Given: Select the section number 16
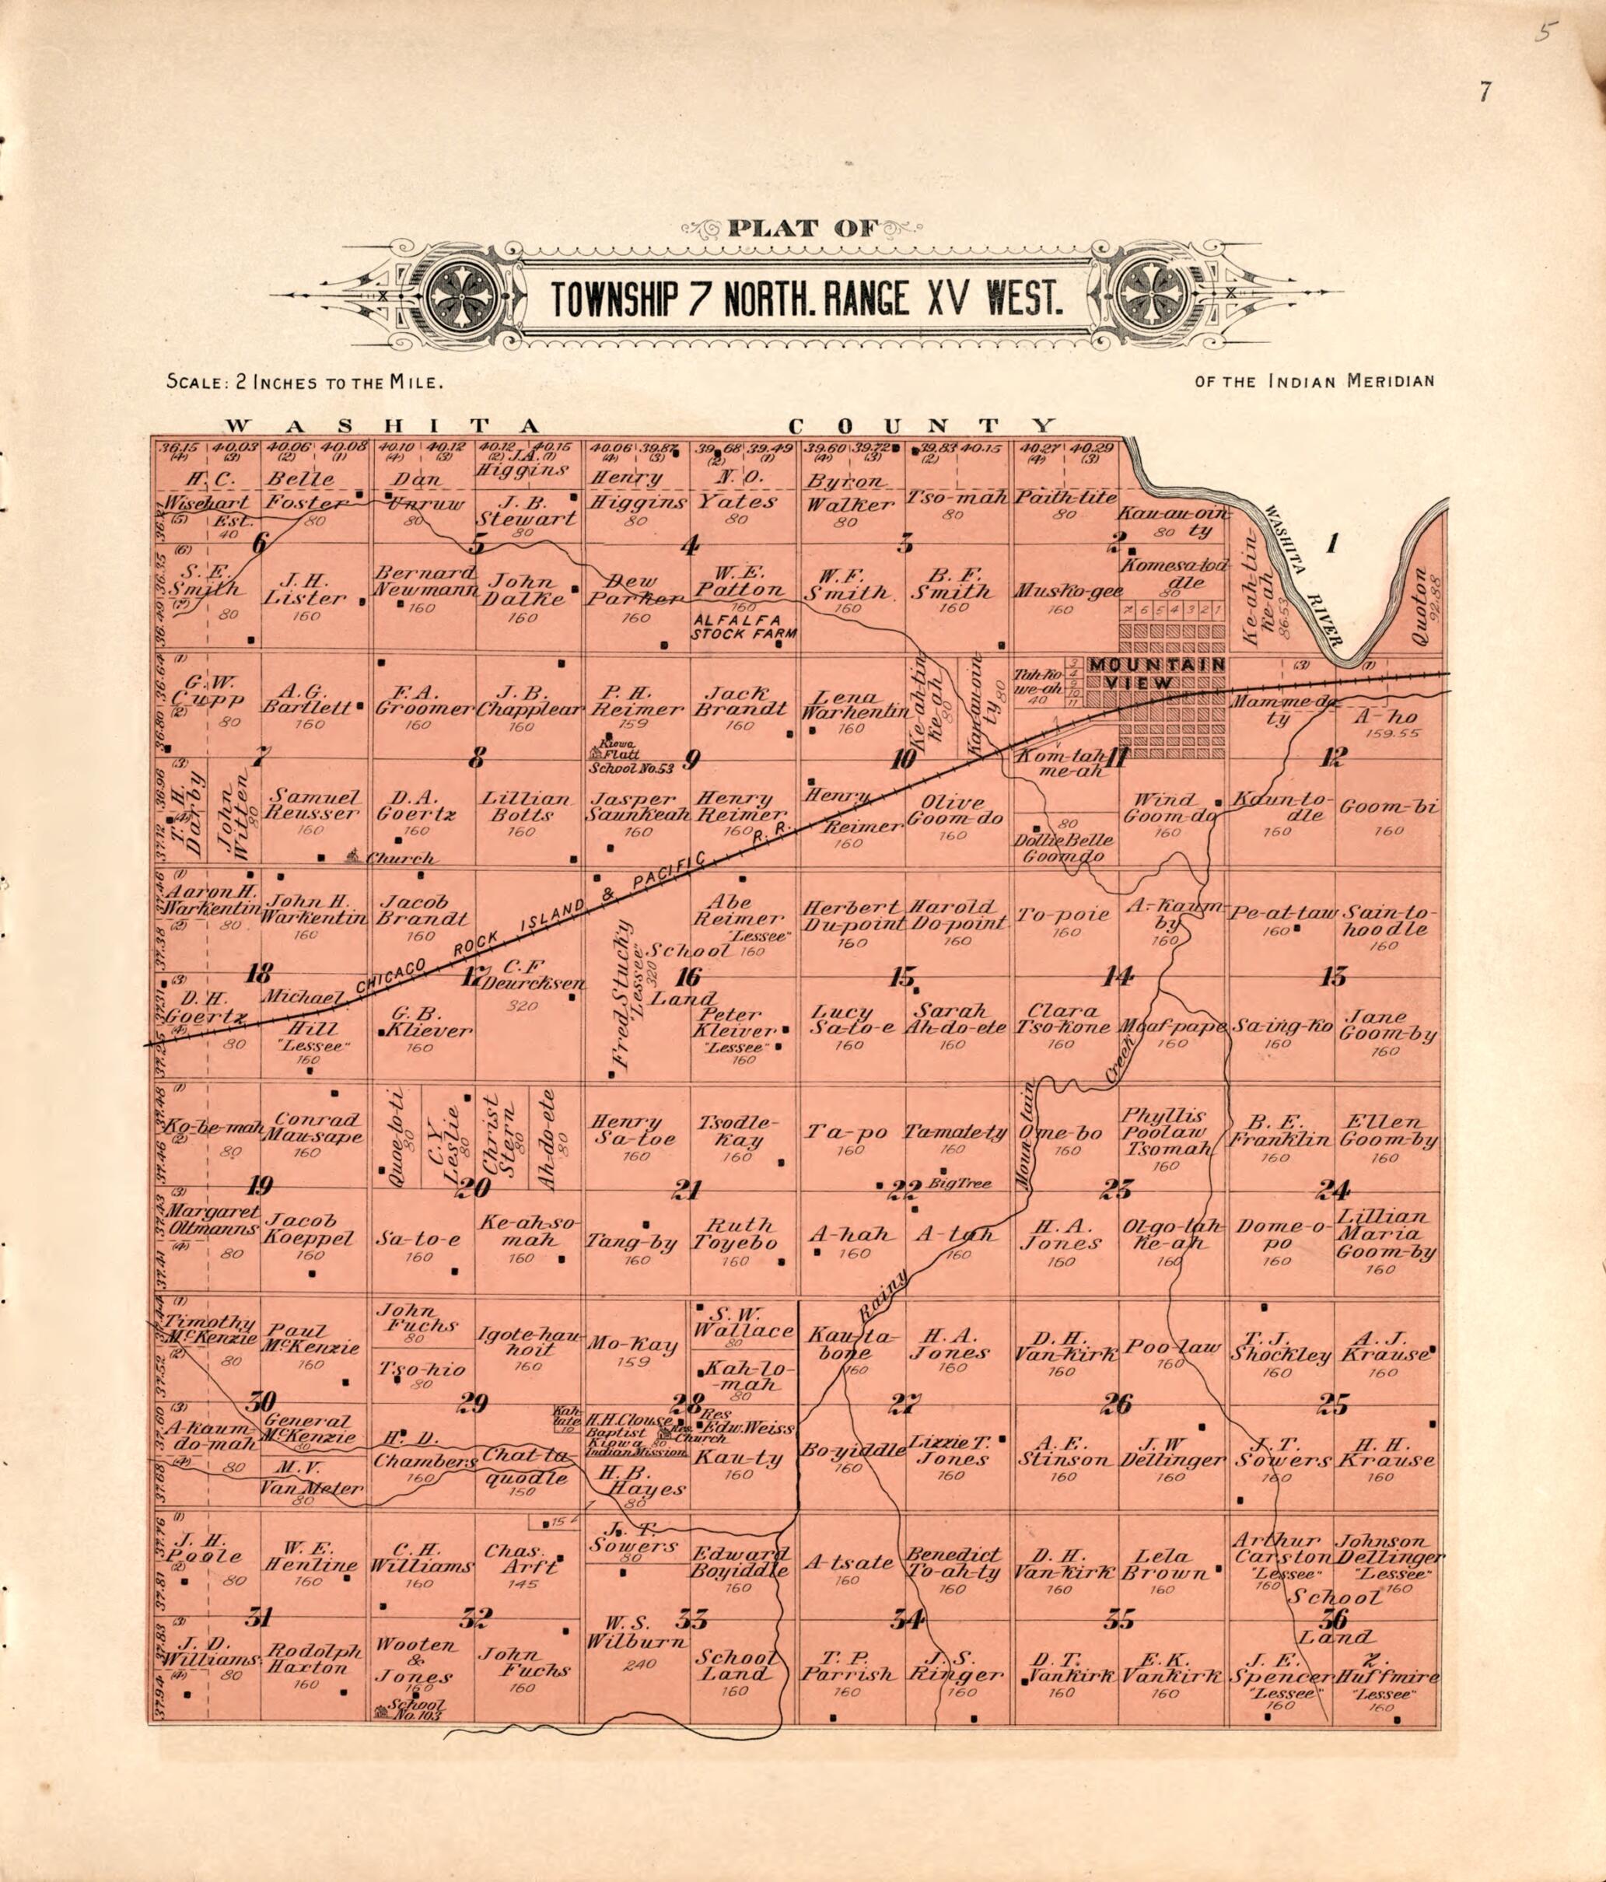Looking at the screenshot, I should click(690, 977).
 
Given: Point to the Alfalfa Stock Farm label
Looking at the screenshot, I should click(743, 627).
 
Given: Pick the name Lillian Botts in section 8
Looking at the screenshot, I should click(526, 806).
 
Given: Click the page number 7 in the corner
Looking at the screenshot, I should click(1486, 92).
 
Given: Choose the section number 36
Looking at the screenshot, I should click(1335, 1618).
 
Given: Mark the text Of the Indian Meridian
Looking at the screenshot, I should click(1315, 380).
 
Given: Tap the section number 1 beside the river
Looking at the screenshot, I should click(1332, 545).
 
